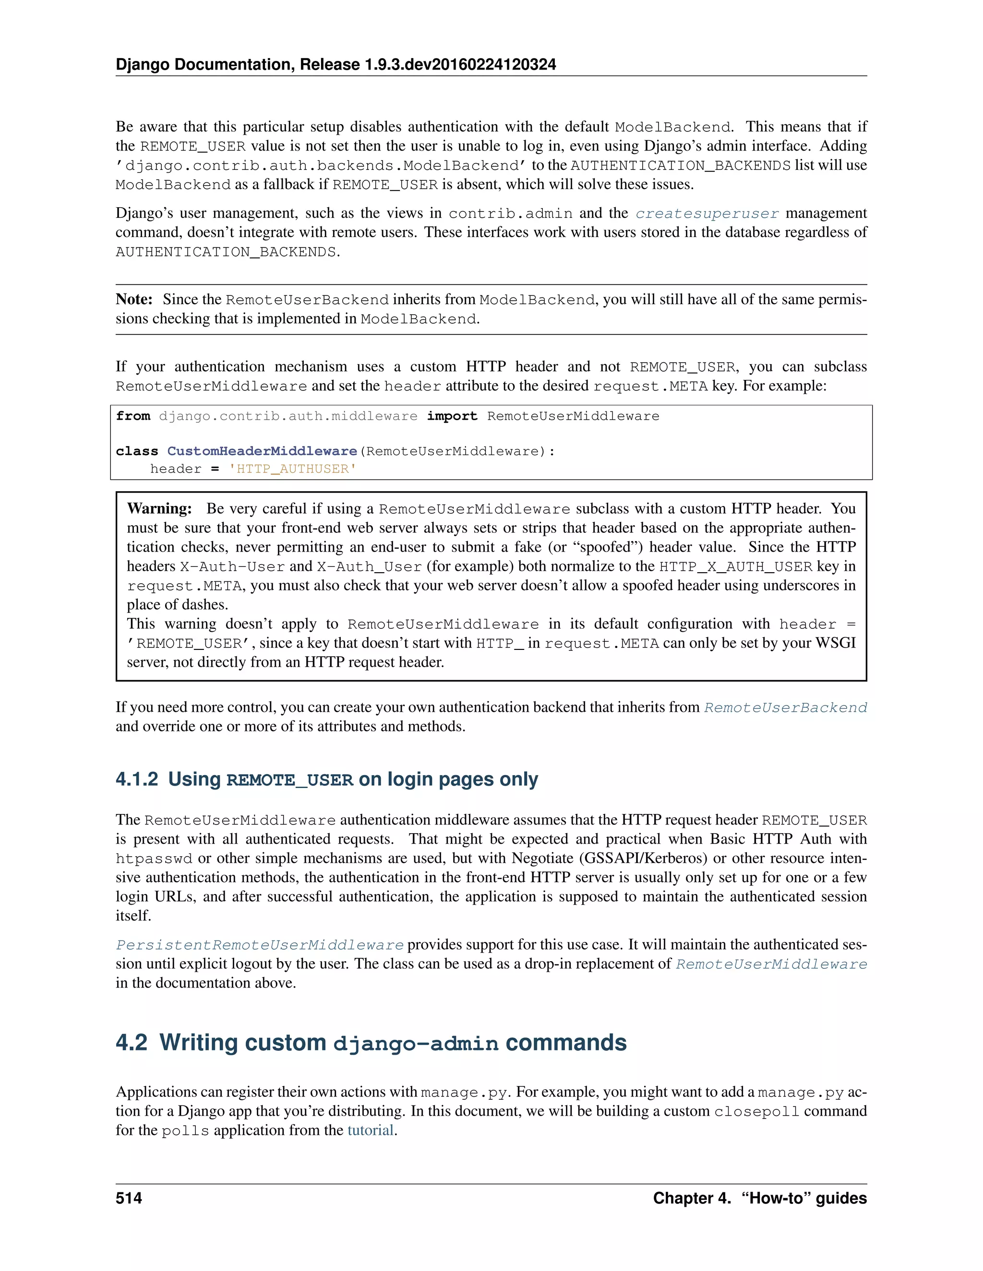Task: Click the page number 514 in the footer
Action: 129,1198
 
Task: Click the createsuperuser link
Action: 707,213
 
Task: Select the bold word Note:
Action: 134,299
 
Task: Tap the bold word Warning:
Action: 159,508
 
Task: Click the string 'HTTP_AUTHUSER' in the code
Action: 292,469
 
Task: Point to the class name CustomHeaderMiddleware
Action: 262,451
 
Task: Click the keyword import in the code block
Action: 451,416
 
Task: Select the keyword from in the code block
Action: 133,416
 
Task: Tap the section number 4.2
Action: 131,1042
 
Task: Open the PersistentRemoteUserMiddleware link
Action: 259,944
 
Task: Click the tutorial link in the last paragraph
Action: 371,1130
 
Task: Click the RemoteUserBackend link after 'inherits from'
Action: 785,707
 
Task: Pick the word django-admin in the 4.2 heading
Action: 415,1044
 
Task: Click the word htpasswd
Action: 154,859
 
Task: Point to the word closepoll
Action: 756,1112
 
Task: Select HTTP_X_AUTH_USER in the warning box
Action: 735,567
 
